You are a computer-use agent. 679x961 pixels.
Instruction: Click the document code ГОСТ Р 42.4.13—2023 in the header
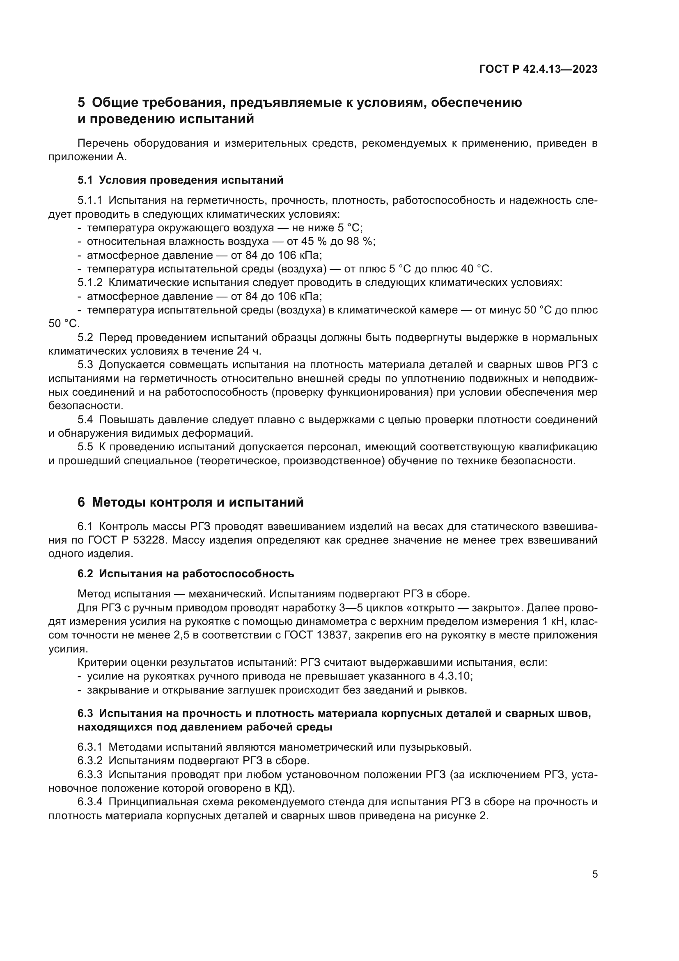[538, 69]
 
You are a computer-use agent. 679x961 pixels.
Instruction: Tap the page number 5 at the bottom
[594, 874]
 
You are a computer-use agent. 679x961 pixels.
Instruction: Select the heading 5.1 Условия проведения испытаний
[180, 180]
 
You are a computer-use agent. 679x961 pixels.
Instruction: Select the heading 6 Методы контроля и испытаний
[190, 502]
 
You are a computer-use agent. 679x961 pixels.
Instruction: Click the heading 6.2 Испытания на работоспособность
[186, 574]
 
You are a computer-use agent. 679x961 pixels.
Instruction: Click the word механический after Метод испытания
[227, 594]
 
